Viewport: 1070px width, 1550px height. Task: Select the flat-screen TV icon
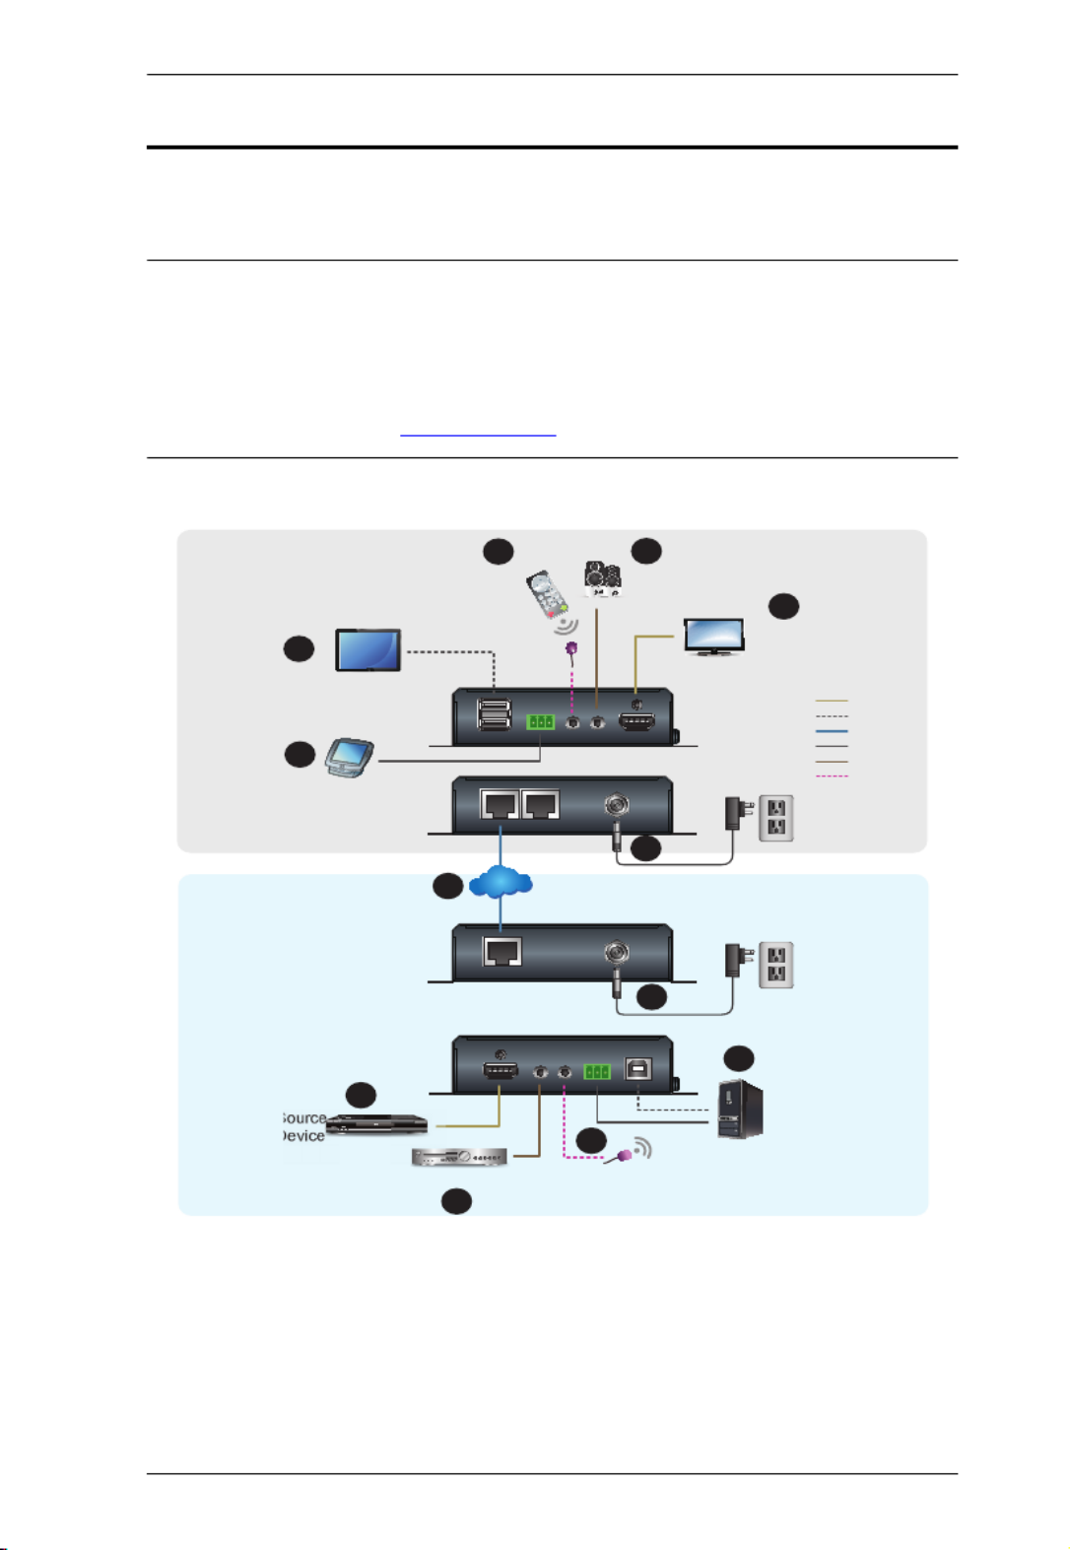point(714,637)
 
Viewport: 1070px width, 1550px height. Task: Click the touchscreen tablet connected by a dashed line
point(368,650)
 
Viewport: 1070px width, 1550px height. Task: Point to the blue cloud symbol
point(502,881)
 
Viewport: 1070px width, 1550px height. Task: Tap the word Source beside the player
point(304,1118)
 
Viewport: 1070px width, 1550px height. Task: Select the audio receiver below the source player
point(459,1157)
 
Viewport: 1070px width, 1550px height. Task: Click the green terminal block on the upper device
point(540,722)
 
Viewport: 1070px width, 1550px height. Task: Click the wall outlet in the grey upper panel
point(776,818)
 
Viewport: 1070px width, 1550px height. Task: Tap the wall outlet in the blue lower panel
point(776,966)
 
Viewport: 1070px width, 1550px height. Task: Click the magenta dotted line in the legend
point(832,776)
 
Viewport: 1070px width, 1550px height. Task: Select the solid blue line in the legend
point(832,731)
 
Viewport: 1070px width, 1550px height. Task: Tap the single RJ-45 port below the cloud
point(502,952)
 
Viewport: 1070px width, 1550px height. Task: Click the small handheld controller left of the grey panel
point(350,756)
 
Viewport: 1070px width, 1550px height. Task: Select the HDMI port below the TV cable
point(636,723)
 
